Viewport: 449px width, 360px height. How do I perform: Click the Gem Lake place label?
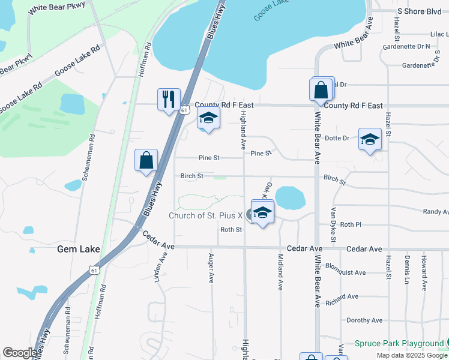click(79, 248)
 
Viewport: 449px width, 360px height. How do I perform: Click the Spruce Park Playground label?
click(399, 344)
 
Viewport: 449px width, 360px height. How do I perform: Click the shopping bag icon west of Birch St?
click(146, 160)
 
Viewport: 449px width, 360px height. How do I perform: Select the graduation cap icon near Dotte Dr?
click(370, 139)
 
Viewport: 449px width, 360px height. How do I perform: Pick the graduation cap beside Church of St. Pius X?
click(262, 212)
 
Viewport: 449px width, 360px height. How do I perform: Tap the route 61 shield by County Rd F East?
click(185, 110)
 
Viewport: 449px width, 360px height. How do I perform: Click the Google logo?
click(19, 353)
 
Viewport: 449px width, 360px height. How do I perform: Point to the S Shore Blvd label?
click(419, 11)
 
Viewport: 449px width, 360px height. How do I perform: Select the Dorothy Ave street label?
click(364, 320)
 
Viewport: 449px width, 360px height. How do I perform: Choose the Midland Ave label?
click(280, 272)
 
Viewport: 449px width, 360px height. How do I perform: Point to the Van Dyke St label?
click(334, 221)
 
